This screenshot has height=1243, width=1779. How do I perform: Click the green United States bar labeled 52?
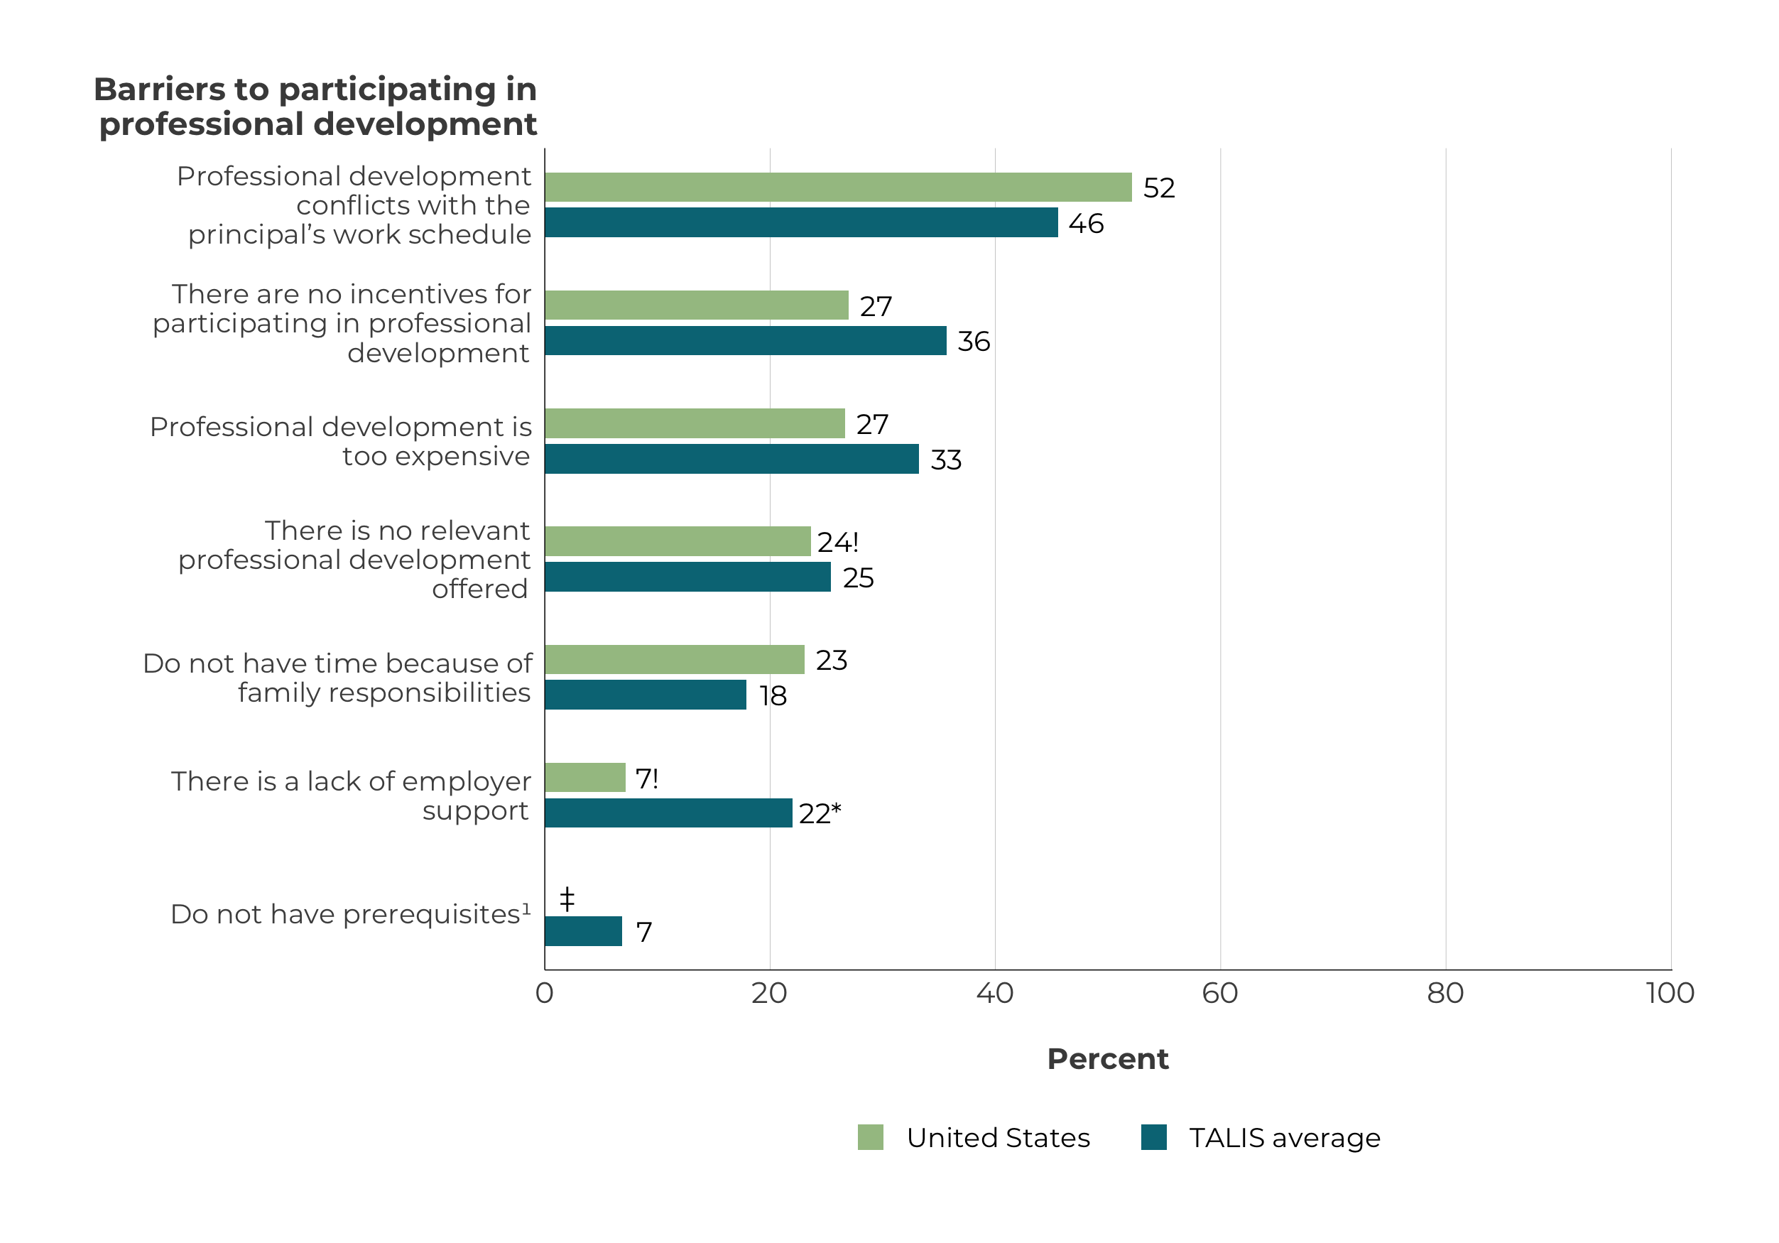837,188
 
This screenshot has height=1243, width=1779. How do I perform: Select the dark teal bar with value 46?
800,222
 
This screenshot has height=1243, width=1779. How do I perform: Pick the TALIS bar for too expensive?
731,459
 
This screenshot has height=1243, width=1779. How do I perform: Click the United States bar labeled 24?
678,541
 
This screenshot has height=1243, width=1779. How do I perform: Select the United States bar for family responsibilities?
674,659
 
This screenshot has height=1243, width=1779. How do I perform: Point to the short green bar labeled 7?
585,777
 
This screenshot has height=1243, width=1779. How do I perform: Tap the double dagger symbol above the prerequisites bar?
567,899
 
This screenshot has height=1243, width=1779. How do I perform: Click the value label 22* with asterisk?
820,814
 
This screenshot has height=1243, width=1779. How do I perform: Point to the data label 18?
773,696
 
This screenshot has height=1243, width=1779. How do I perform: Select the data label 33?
945,460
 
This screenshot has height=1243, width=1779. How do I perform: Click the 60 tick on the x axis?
1219,994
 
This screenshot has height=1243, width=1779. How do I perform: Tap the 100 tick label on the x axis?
1670,994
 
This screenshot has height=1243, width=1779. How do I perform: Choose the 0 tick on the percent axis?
545,994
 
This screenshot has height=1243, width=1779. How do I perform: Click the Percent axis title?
1107,1058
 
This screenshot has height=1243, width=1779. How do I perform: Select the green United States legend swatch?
870,1138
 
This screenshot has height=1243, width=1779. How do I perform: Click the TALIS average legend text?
1284,1138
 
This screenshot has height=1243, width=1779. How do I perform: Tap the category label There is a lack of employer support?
351,795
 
